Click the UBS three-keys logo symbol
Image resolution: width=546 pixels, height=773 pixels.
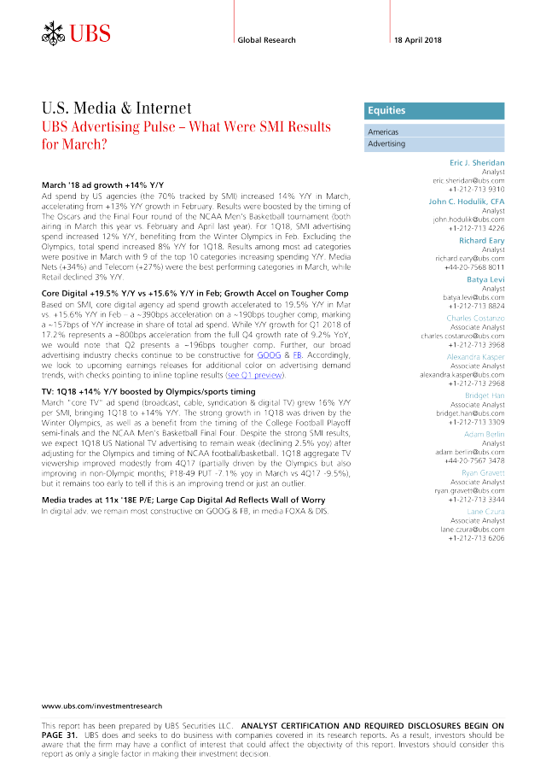pos(53,33)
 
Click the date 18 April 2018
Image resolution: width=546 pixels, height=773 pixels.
pos(417,40)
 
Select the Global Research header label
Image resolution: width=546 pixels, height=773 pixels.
pos(266,40)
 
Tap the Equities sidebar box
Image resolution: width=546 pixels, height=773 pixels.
pos(434,111)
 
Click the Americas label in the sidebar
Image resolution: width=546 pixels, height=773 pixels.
pos(383,132)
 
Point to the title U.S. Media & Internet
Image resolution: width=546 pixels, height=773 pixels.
pos(117,108)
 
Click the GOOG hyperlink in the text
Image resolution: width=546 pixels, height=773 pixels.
pos(269,355)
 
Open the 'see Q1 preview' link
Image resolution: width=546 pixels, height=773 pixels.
pos(254,375)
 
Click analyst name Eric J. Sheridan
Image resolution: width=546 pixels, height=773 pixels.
pos(477,162)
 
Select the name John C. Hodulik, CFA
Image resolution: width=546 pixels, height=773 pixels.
pos(467,202)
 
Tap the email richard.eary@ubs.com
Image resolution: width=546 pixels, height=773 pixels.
pos(470,258)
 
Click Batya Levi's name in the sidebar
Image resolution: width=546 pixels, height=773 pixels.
pos(485,279)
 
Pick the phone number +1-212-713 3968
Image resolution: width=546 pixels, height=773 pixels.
pos(476,344)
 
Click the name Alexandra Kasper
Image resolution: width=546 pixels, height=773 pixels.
pos(475,357)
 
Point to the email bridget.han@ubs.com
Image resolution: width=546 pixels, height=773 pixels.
pos(470,413)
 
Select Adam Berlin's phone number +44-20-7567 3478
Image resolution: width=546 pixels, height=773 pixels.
pos(474,460)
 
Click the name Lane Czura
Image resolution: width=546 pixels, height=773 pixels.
pos(485,512)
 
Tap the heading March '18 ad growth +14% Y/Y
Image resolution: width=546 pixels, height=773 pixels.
pos(103,185)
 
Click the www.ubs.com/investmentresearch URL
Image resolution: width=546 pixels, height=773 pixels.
pos(102,706)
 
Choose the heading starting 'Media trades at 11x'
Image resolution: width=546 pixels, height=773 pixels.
pos(183,500)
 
